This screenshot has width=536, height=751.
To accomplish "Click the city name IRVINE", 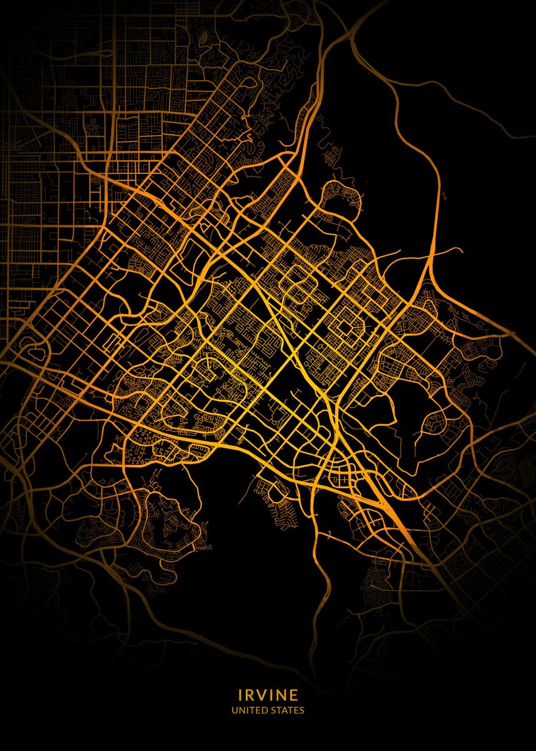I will [x=268, y=695].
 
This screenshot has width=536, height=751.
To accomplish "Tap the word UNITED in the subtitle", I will [x=250, y=710].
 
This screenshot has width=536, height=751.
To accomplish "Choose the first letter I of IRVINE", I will [x=240, y=695].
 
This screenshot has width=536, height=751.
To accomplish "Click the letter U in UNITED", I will [x=234, y=710].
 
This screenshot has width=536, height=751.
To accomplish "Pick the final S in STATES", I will [x=302, y=710].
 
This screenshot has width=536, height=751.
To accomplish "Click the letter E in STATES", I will [x=296, y=710].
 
